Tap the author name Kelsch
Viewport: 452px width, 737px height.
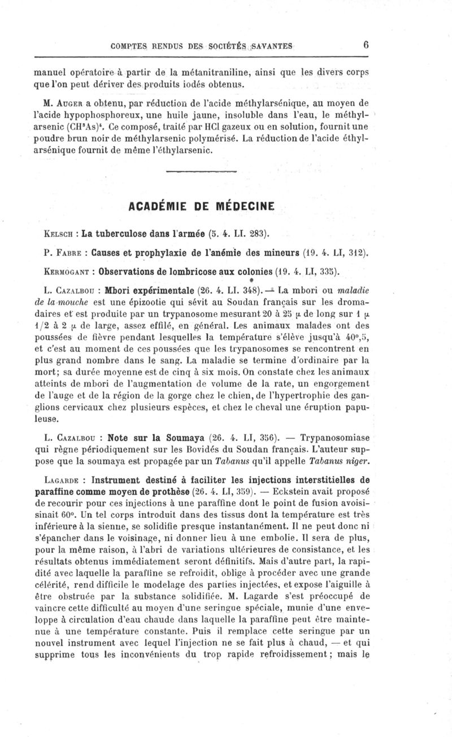[x=58, y=232]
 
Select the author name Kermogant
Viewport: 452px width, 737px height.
[x=67, y=272]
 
